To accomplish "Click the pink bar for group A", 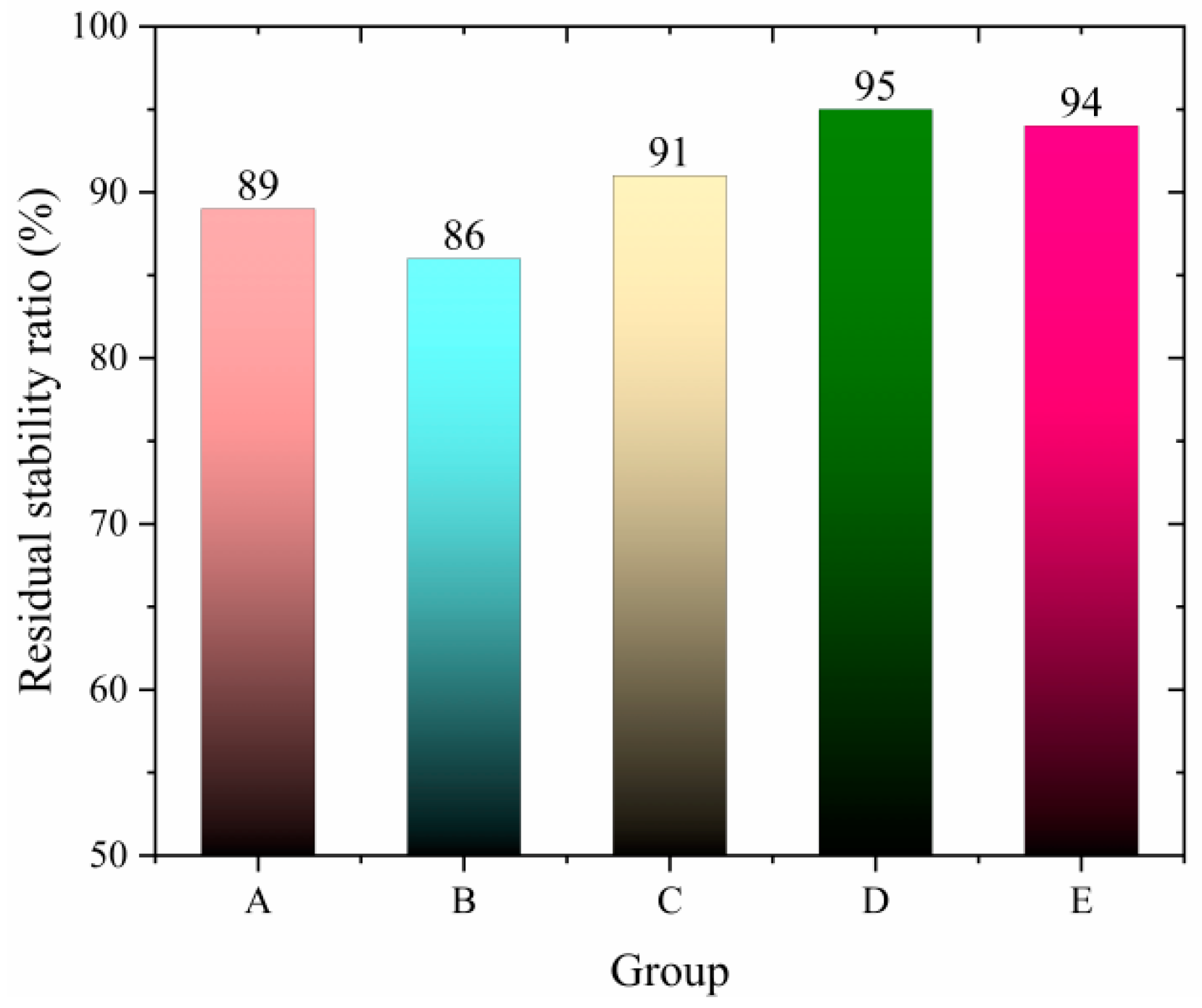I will click(x=257, y=533).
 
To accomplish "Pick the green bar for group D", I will click(x=875, y=483).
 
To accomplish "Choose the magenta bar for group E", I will click(x=1081, y=491).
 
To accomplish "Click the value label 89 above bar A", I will click(x=257, y=186).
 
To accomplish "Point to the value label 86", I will click(x=463, y=236).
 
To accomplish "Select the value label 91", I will click(x=667, y=152).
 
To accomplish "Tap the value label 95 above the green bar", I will click(x=875, y=86).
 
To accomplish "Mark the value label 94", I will click(x=1081, y=103).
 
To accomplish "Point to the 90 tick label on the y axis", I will click(x=108, y=193).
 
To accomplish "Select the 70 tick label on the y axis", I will click(x=108, y=524).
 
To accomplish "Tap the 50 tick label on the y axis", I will click(x=108, y=855).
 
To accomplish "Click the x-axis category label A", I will click(x=257, y=902).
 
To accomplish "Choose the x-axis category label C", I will click(x=669, y=902).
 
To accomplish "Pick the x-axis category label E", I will click(x=1081, y=902).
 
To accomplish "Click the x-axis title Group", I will click(x=669, y=972).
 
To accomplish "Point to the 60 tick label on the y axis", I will click(x=108, y=689).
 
